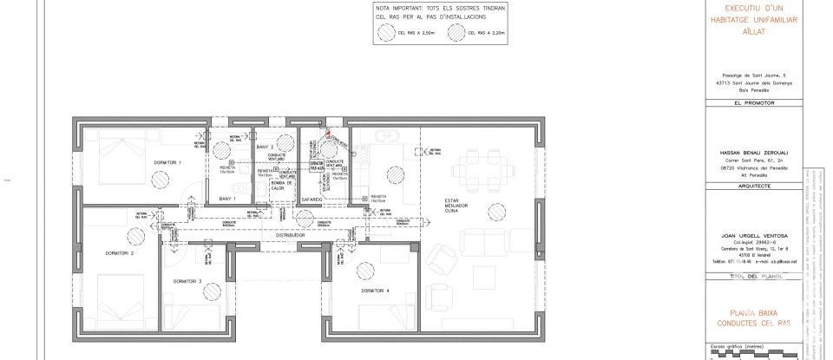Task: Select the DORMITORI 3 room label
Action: click(187, 281)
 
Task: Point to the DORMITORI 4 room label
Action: click(376, 291)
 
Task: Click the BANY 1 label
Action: click(228, 199)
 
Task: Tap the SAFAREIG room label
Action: click(312, 199)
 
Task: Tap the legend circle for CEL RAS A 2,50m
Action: click(384, 34)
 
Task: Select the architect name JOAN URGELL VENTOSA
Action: click(743, 235)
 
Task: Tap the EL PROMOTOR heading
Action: click(743, 102)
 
